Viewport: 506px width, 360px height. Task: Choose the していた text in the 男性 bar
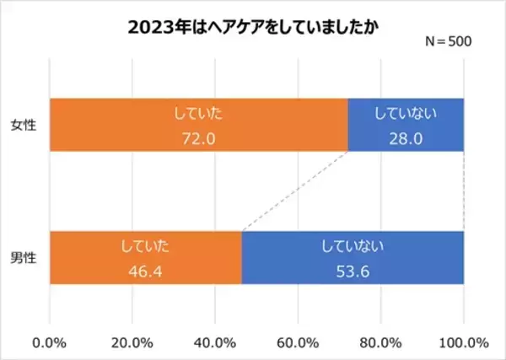point(146,245)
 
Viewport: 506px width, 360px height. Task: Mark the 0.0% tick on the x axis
point(50,342)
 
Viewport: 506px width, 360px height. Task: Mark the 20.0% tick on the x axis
point(132,342)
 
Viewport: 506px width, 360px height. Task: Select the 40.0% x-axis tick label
point(215,342)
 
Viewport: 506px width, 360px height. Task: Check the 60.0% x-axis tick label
point(298,342)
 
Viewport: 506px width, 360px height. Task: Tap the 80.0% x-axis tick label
point(380,342)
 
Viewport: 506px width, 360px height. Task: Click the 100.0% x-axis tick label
point(463,342)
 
